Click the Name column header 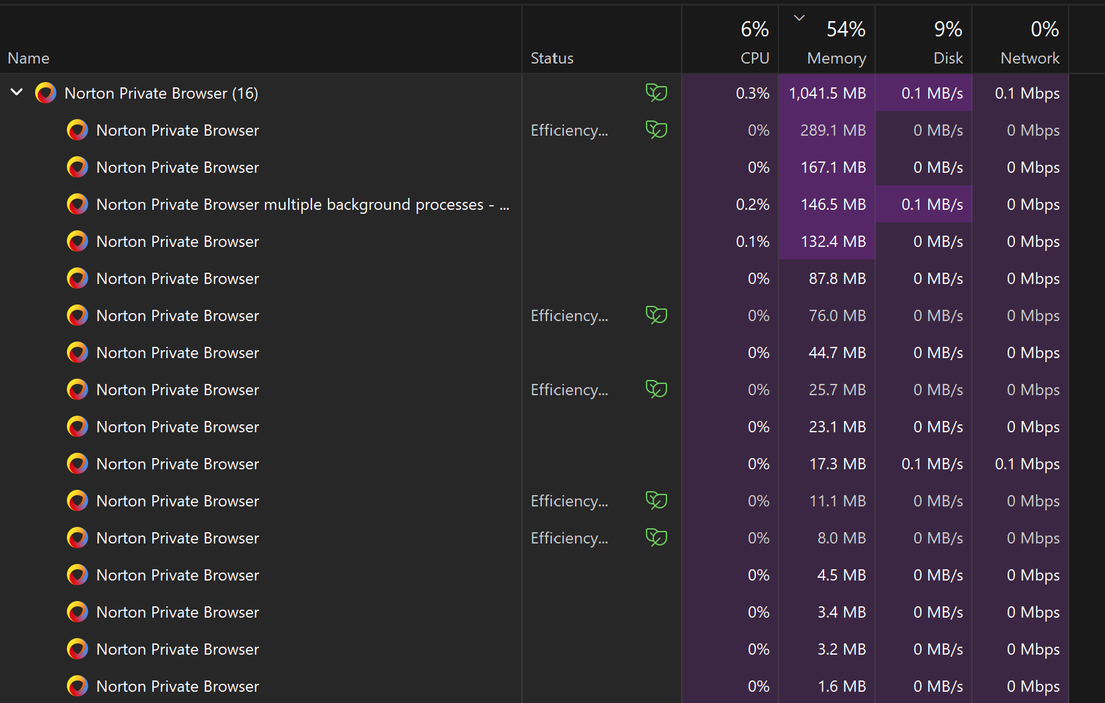(28, 58)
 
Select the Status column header (552, 58)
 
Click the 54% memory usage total (845, 29)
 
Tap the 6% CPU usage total (755, 29)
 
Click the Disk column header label (948, 58)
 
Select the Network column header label (1030, 58)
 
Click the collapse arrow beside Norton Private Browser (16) (17, 92)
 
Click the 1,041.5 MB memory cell (827, 93)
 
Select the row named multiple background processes (303, 204)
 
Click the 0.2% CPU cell (753, 204)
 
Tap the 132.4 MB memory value (833, 241)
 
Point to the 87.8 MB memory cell (837, 279)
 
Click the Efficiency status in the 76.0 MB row (569, 316)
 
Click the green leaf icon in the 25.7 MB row (657, 389)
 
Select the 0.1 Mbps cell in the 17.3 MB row (1027, 464)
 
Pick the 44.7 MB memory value (837, 352)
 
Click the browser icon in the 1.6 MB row (78, 686)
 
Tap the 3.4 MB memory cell (841, 612)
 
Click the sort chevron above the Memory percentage (799, 18)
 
